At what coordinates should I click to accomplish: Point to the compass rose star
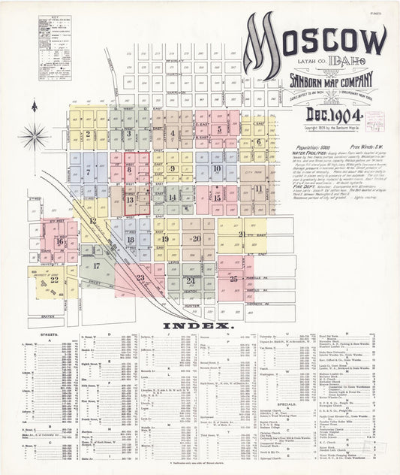(x=35, y=137)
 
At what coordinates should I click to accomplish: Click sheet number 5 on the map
(x=219, y=129)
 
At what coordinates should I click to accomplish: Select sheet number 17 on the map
(x=96, y=265)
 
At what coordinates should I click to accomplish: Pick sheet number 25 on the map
(x=234, y=278)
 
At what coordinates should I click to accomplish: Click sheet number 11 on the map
(x=258, y=188)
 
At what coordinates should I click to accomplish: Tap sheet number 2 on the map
(x=88, y=134)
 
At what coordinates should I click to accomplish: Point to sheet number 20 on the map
(x=196, y=238)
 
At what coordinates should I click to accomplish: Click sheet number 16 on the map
(x=59, y=241)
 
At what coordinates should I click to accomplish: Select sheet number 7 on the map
(x=88, y=172)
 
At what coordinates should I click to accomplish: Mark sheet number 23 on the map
(x=140, y=278)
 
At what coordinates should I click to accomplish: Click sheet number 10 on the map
(x=217, y=168)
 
